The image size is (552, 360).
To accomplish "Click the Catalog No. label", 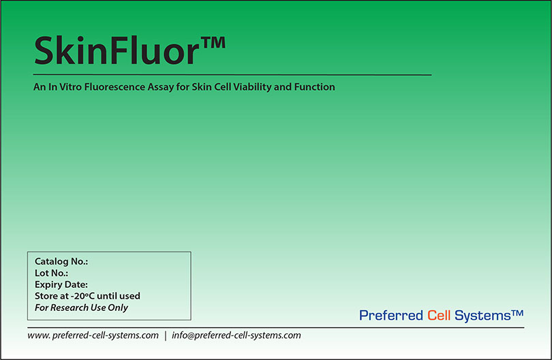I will pyautogui.click(x=61, y=262).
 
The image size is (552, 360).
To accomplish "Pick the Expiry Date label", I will pyautogui.click(x=61, y=285).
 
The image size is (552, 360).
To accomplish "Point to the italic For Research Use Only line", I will pyautogui.click(x=81, y=307).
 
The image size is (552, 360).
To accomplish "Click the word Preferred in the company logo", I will pyautogui.click(x=390, y=316).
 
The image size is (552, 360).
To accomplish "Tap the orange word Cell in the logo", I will pyautogui.click(x=439, y=315).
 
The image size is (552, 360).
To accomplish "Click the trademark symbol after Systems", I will pyautogui.click(x=517, y=312).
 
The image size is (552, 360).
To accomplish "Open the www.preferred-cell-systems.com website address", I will pyautogui.click(x=93, y=335).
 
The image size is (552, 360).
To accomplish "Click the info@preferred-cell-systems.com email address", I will pyautogui.click(x=236, y=335).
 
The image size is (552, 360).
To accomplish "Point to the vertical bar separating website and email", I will pyautogui.click(x=165, y=335).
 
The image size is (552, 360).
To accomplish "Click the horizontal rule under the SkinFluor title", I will pyautogui.click(x=232, y=74).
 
